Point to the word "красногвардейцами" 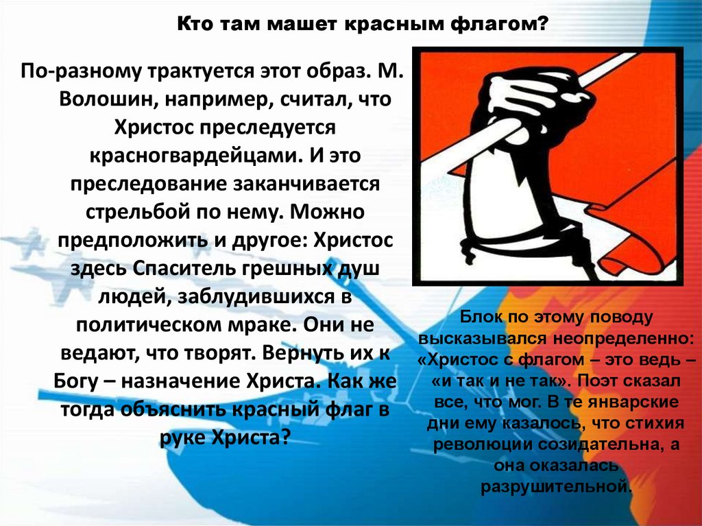pos(191,155)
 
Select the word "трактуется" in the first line pos(189,71)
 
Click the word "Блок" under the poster pos(476,318)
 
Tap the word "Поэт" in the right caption pos(604,381)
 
